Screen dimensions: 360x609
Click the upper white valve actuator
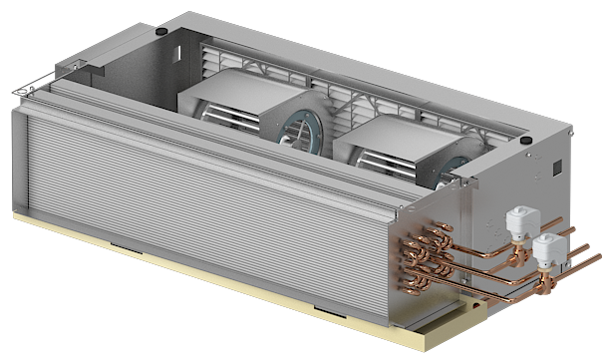click(x=519, y=218)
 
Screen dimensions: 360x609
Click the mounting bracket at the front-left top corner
click(x=25, y=91)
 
